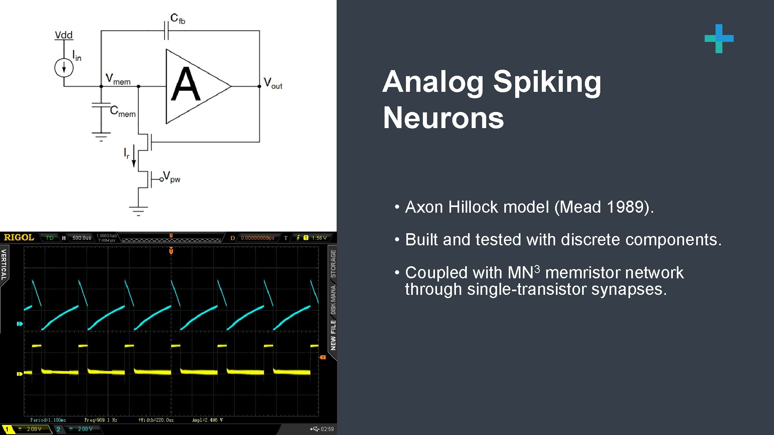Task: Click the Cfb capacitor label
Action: coord(178,19)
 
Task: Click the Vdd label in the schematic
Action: coord(64,35)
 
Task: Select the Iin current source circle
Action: coord(64,68)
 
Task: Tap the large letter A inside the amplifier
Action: coord(185,85)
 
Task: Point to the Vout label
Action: coord(273,83)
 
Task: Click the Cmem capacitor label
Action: coord(123,112)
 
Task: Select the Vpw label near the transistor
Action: coord(171,177)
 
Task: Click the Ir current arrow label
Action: coord(127,153)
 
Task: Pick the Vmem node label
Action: coord(118,79)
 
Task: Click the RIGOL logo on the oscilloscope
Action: coord(19,237)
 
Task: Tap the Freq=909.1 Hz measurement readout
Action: coord(101,420)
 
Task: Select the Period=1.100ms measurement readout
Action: coord(48,420)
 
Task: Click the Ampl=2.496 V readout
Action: coord(207,420)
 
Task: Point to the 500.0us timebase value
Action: coord(82,238)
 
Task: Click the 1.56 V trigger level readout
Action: coord(319,238)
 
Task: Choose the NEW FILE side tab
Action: coord(333,335)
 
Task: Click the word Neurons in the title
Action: coord(443,118)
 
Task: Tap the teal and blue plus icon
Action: coord(719,39)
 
